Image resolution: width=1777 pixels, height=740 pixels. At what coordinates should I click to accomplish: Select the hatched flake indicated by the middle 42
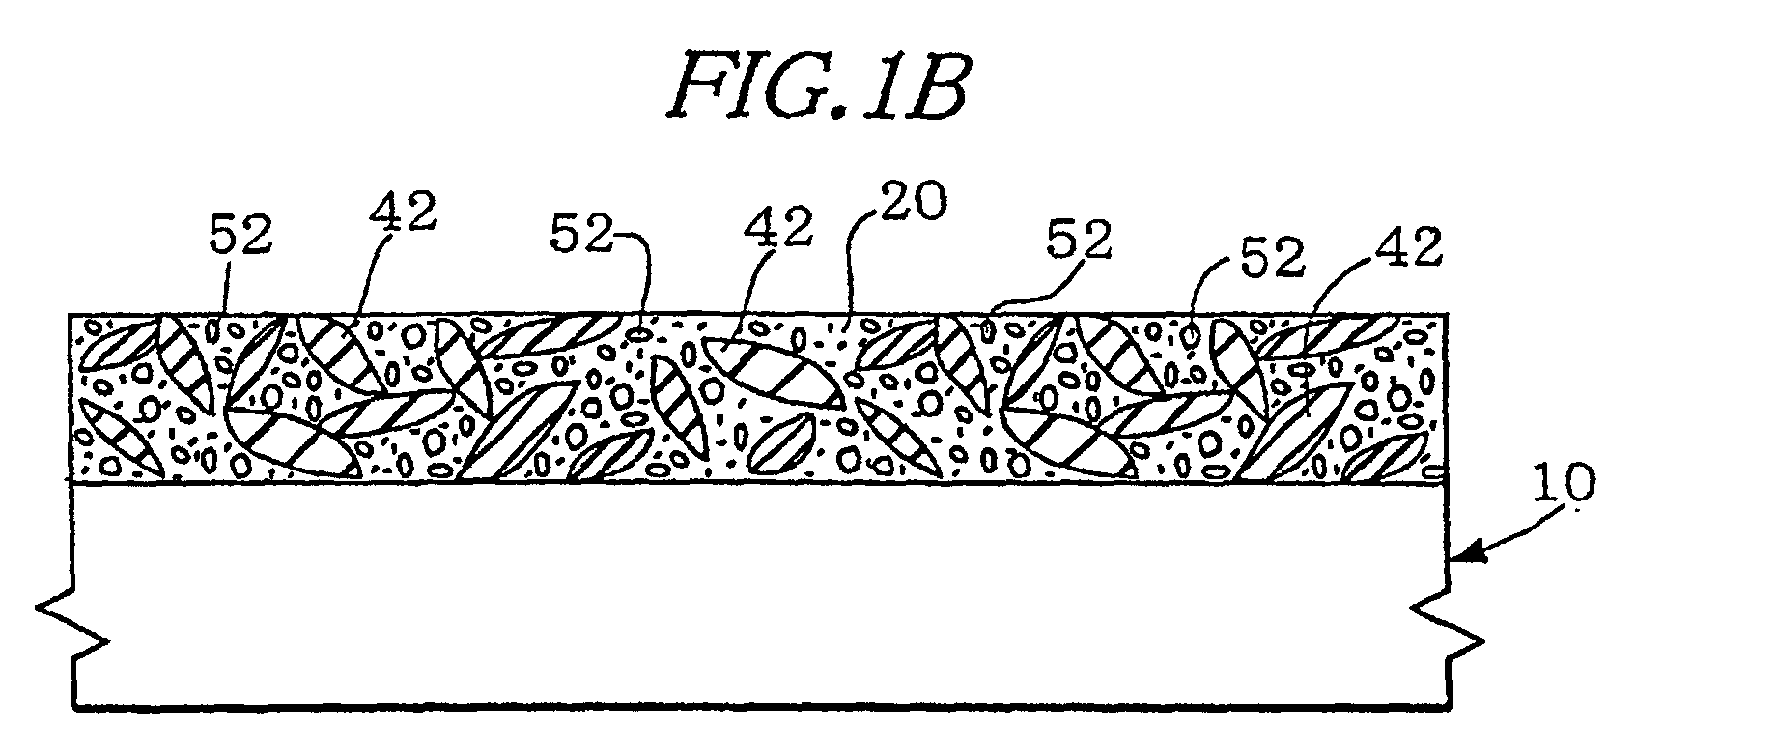(773, 373)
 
